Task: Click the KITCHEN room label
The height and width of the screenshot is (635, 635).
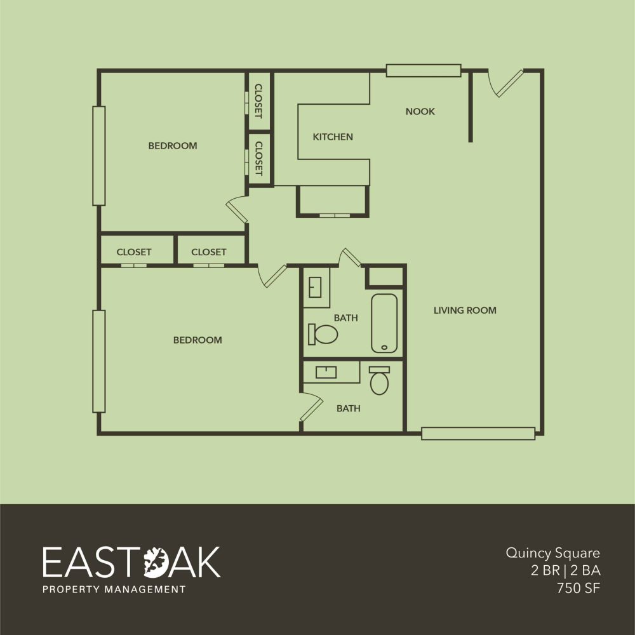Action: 333,137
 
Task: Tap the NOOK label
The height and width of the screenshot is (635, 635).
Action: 420,111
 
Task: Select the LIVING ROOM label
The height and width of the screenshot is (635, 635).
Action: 465,311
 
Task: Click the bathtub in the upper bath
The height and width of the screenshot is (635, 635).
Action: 384,323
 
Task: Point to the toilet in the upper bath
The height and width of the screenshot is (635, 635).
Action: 323,334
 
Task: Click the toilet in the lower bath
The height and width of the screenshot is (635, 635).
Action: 380,380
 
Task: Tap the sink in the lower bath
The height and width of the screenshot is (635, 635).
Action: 326,372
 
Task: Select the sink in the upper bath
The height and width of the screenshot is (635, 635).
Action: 315,287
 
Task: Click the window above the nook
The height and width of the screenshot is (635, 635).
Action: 424,70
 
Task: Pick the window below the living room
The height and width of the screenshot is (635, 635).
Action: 478,433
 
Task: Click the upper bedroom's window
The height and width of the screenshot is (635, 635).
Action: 99,156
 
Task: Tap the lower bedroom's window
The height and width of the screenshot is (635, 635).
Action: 99,361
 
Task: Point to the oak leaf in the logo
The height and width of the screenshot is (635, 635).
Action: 156,562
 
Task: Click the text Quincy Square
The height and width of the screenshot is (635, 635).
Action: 553,553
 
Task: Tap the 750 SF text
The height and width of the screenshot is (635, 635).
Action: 578,588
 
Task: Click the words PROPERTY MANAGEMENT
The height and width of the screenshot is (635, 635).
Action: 114,589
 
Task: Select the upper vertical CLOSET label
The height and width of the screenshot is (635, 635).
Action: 258,101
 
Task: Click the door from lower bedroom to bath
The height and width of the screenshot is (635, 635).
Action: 311,409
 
